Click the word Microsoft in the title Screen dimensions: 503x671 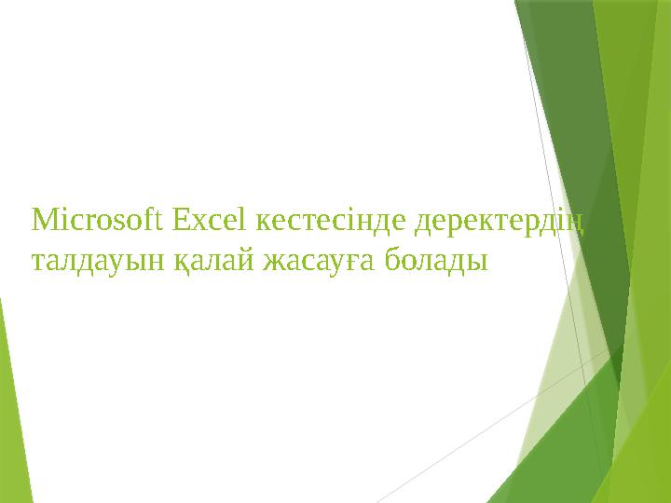(x=98, y=222)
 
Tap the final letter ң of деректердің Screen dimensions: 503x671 (x=579, y=224)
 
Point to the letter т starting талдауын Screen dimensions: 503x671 (x=38, y=262)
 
